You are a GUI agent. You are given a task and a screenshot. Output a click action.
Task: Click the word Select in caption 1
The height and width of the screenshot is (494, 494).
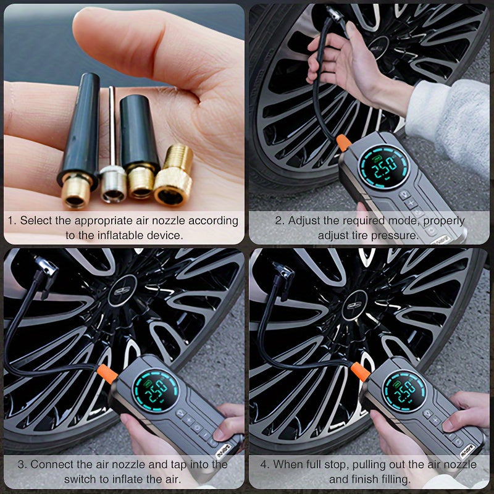click(36, 220)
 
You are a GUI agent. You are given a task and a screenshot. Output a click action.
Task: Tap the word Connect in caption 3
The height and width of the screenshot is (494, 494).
click(54, 464)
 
